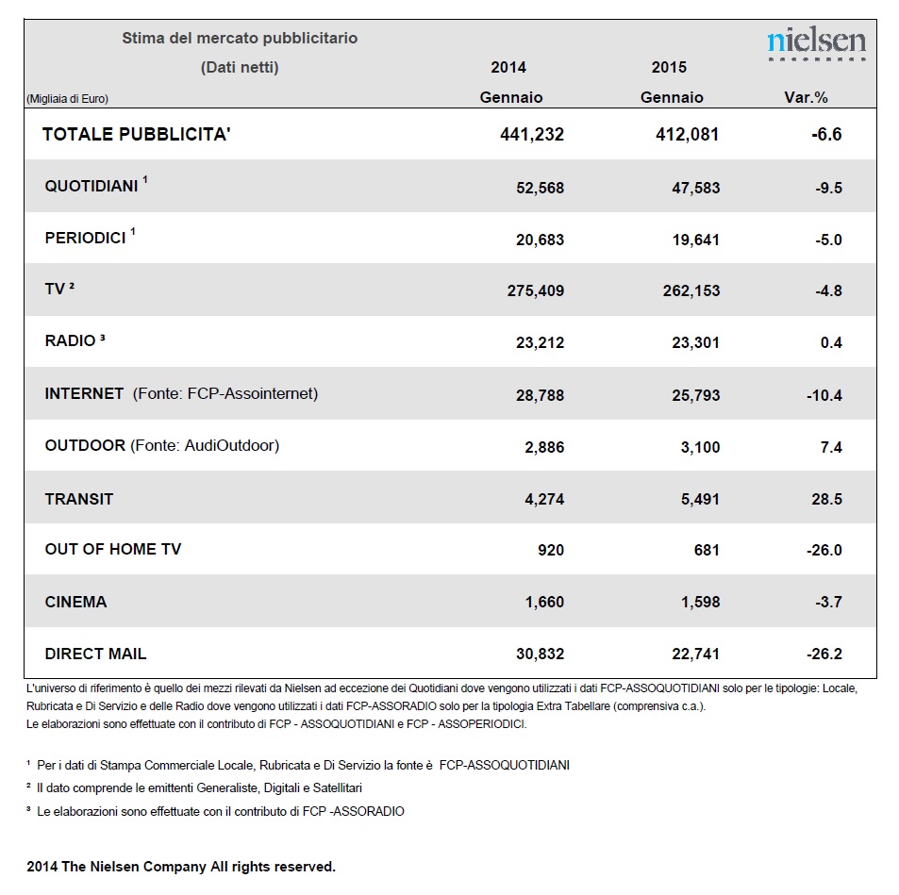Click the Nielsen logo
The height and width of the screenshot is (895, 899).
point(816,43)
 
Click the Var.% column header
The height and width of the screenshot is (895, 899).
point(806,97)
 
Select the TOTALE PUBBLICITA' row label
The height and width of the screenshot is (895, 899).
point(137,134)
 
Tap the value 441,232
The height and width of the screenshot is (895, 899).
point(531,134)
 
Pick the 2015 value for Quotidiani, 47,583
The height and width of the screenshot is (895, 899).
point(695,188)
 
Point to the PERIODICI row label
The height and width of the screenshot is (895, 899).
point(86,238)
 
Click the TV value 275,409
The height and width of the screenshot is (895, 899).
point(536,290)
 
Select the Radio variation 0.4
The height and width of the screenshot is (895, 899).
point(831,343)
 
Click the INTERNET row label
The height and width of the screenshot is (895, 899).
point(84,393)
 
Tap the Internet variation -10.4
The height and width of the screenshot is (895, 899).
point(824,395)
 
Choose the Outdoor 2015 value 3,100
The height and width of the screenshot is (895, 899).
point(700,447)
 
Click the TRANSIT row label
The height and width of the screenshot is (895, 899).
point(79,500)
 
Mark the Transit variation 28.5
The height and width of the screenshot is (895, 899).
point(826,500)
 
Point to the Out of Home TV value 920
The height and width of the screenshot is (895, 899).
point(551,551)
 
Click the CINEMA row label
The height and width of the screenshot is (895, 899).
point(75,602)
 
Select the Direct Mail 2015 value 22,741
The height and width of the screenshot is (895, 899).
point(695,655)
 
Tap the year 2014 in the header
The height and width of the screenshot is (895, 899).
point(508,68)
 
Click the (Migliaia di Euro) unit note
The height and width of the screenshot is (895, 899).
point(67,99)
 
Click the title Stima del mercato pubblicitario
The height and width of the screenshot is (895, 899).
point(240,39)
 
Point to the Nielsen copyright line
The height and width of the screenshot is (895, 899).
point(181,867)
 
